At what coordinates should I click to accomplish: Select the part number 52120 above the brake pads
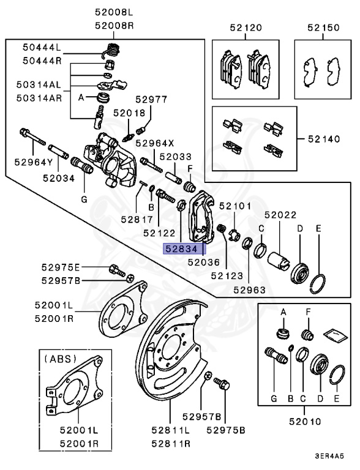(x=246, y=28)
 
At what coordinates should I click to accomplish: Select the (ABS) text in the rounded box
(x=59, y=360)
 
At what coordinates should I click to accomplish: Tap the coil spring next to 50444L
(x=112, y=51)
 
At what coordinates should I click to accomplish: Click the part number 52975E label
(x=61, y=268)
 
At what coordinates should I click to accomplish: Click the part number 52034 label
(x=59, y=178)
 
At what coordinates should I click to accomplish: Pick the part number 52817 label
(x=136, y=218)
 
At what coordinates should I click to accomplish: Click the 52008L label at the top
(x=114, y=11)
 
